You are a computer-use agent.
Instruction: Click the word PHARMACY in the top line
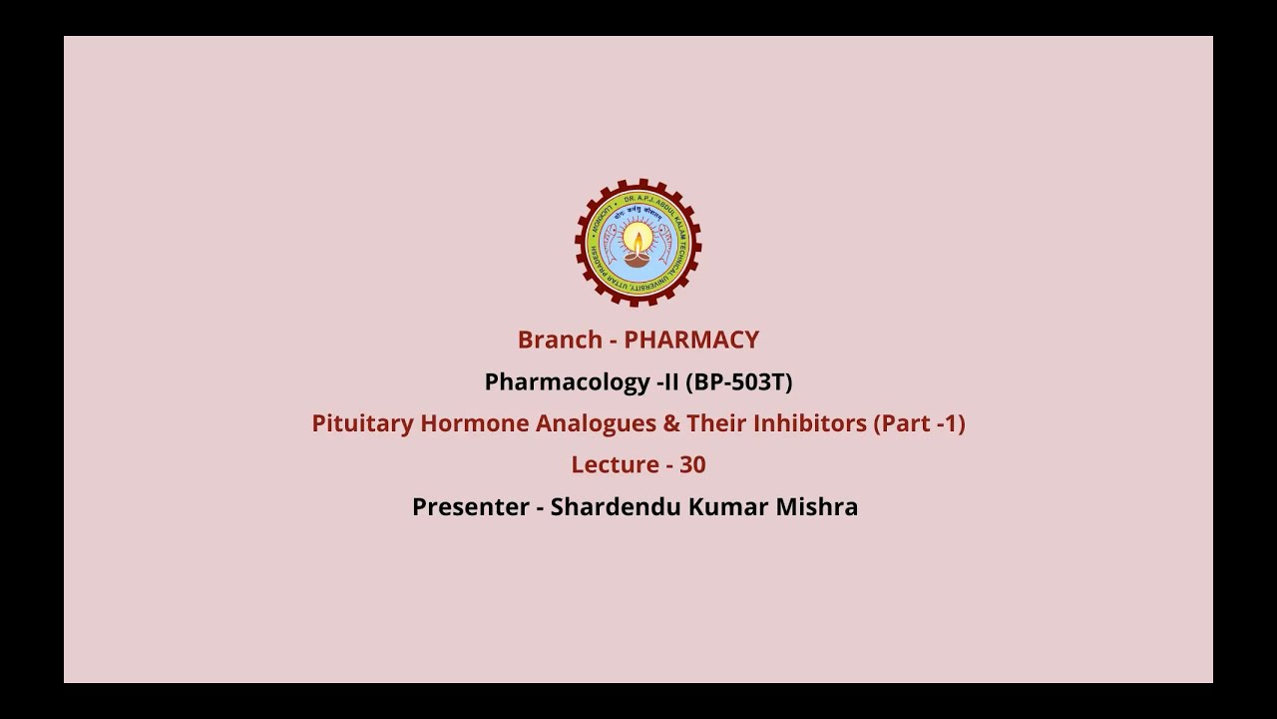[691, 340]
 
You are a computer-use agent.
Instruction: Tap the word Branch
[560, 340]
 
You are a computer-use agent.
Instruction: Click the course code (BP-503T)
[738, 381]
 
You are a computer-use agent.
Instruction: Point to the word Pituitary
[362, 423]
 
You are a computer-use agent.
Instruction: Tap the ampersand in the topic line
[669, 423]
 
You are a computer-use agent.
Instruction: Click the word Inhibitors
[810, 423]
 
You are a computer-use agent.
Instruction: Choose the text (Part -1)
[920, 423]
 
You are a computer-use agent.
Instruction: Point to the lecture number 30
[692, 465]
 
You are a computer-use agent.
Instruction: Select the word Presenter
[470, 507]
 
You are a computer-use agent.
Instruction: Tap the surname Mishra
[821, 507]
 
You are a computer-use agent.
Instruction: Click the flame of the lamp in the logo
[638, 241]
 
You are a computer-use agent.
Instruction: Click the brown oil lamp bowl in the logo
[638, 259]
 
